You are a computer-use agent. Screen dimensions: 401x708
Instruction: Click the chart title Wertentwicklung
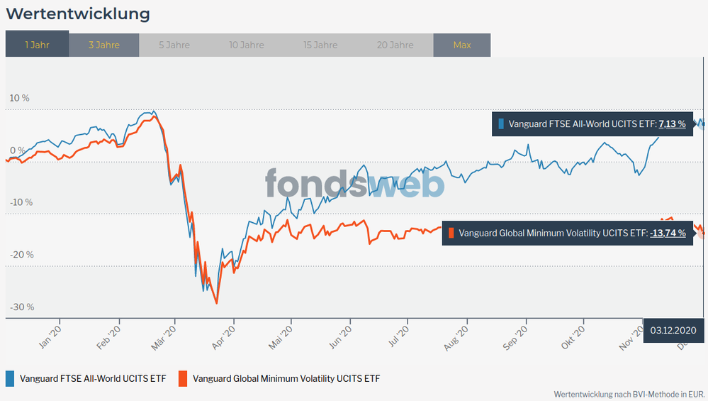[78, 13]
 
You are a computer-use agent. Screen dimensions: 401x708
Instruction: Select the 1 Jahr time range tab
[37, 45]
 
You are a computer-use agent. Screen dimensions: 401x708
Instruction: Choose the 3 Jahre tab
[104, 45]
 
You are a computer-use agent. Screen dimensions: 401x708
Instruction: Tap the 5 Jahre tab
[174, 45]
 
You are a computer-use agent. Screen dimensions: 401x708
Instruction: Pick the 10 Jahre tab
[247, 45]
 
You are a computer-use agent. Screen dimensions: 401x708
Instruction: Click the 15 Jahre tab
[320, 45]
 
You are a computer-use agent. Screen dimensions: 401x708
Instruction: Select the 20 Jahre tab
[395, 45]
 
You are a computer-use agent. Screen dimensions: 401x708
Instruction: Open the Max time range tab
[462, 45]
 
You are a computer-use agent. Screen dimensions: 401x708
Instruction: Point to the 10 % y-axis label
[19, 98]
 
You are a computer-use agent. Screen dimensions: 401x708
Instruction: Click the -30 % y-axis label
[21, 307]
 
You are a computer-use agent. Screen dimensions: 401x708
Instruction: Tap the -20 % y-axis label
[21, 255]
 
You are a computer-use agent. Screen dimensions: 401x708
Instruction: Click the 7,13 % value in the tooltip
[672, 124]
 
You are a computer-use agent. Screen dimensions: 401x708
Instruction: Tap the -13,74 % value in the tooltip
[668, 232]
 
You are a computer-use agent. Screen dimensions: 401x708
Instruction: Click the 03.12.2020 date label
[674, 330]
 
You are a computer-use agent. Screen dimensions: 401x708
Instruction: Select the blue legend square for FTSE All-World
[10, 378]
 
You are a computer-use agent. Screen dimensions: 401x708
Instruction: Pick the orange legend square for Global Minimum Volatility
[183, 378]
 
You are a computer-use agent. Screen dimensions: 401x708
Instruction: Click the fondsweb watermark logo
[354, 184]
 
